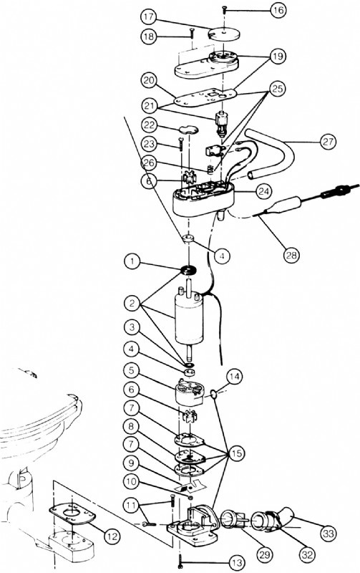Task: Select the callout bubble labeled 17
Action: [x=147, y=15]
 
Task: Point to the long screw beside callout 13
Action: [x=183, y=559]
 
